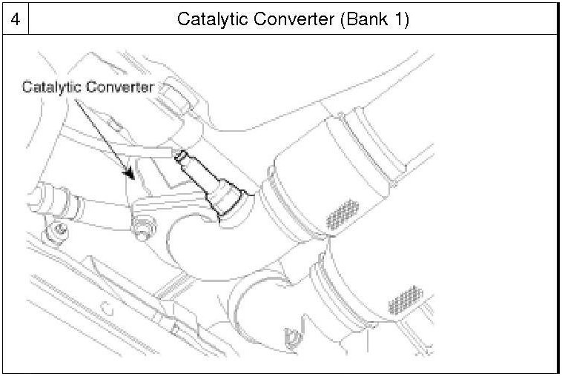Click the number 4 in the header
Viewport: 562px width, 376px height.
14,19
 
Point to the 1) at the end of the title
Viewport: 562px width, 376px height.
401,19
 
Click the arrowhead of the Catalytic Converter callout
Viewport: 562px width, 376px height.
131,176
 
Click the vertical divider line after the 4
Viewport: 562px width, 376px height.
28,19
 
